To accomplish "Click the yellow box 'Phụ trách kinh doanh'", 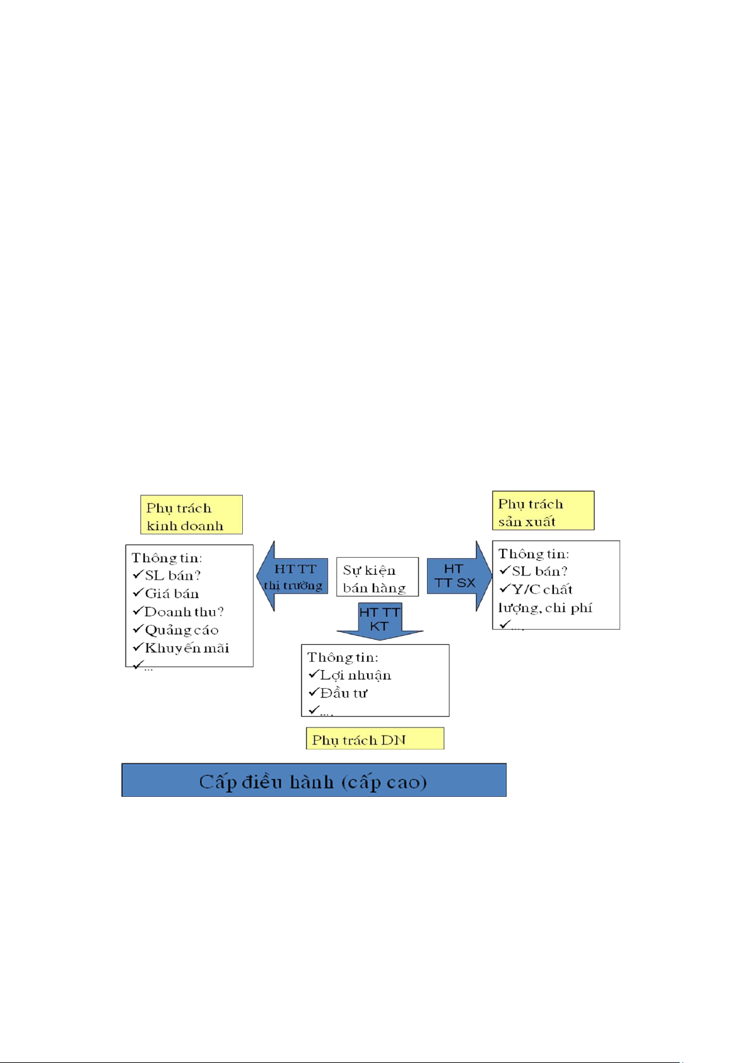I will [x=191, y=515].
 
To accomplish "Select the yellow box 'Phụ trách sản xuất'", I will [x=543, y=510].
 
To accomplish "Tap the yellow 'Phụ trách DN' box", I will [x=375, y=739].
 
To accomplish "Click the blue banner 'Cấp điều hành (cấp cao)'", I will [x=314, y=780].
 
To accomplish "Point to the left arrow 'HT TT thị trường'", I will [x=293, y=577].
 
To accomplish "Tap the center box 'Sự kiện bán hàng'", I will [x=377, y=577].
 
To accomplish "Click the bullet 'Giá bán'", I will [x=172, y=594].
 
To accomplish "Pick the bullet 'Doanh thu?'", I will [x=184, y=612].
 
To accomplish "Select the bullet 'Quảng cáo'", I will [x=182, y=630].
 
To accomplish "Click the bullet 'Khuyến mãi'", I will [x=187, y=649].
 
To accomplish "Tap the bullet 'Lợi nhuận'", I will [x=356, y=675].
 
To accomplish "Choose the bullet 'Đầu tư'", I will [x=344, y=693].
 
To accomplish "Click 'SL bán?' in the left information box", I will [x=172, y=575].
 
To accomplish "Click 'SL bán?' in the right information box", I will [x=539, y=572].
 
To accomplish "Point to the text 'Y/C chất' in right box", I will [x=542, y=590].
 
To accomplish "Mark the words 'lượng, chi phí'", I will [x=545, y=608].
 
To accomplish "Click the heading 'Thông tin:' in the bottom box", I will [x=343, y=657].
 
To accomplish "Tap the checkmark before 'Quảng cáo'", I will [x=138, y=630].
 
